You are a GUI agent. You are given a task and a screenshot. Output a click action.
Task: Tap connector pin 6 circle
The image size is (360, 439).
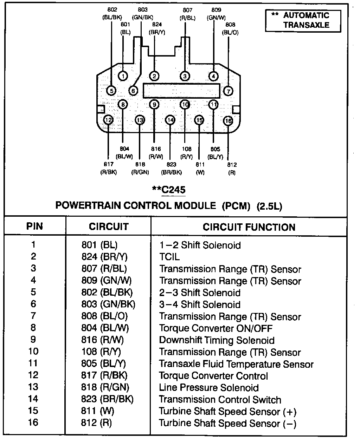(133, 91)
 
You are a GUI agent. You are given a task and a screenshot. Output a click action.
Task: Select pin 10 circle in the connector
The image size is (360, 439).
(185, 105)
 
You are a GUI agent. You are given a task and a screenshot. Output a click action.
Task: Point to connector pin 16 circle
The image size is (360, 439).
(228, 121)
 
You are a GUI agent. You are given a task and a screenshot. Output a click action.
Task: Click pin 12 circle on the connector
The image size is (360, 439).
(108, 120)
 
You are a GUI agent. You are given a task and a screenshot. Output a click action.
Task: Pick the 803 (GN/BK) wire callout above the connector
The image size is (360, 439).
(143, 13)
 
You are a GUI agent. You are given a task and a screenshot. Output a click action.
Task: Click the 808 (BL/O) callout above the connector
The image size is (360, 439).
(230, 28)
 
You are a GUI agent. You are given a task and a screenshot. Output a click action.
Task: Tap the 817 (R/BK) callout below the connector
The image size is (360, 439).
(108, 168)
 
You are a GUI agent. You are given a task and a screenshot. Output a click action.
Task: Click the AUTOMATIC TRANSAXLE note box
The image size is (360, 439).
(303, 20)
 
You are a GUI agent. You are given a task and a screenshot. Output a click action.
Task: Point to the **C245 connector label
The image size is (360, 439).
(168, 190)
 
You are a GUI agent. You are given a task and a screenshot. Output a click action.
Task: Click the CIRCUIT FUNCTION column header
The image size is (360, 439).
(249, 227)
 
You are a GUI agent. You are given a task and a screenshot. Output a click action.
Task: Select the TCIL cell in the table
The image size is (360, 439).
(169, 257)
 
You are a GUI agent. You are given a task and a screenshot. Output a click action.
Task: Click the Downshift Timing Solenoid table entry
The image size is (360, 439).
(217, 340)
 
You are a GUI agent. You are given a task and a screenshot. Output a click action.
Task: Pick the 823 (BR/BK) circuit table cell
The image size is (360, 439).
(107, 399)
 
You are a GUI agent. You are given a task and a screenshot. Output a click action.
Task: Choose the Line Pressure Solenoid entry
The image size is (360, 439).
(209, 387)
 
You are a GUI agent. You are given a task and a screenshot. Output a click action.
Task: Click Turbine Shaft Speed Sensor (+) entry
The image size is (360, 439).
(228, 411)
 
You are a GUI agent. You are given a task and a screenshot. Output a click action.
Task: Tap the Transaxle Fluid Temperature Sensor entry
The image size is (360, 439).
(236, 364)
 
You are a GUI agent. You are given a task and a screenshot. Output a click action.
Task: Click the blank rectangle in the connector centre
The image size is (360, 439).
(181, 91)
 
